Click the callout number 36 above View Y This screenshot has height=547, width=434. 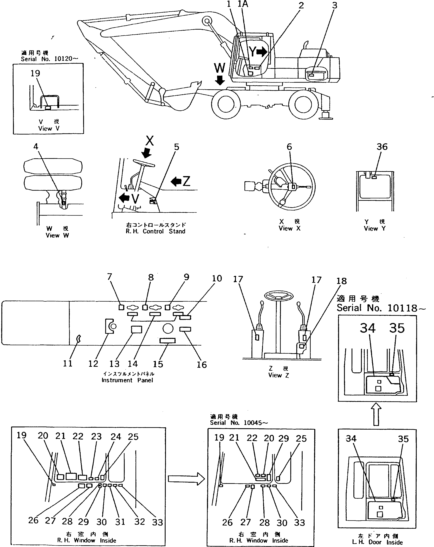382,147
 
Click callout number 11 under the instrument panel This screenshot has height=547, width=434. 67,364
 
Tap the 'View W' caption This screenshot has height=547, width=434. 57,235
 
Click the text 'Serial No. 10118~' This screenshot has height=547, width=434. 380,308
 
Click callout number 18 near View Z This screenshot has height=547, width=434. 341,281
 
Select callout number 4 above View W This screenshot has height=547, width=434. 36,147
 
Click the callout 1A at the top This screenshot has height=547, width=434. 243,4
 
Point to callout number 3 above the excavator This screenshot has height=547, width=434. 335,5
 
